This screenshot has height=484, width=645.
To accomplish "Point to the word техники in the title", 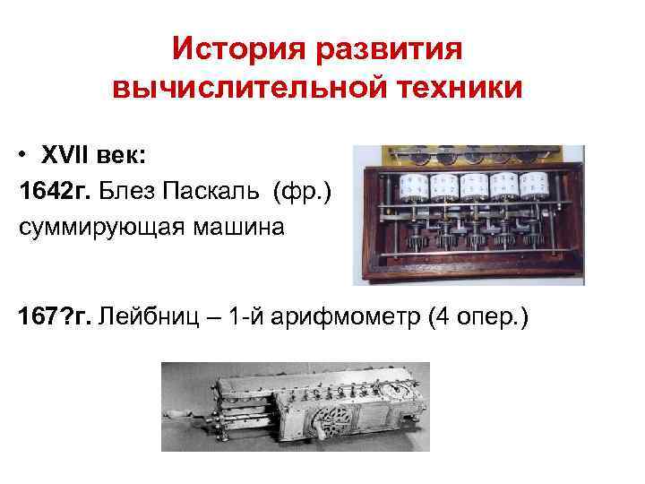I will pyautogui.click(x=458, y=89).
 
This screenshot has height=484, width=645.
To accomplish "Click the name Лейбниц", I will pyautogui.click(x=151, y=316).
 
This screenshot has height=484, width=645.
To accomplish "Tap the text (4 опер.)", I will pyautogui.click(x=480, y=316).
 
